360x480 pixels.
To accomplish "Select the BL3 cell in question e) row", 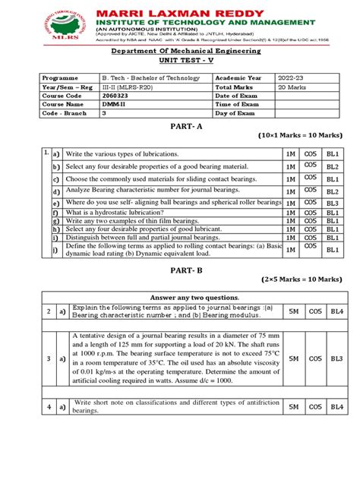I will coord(332,204).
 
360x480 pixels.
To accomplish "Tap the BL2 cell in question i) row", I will coord(332,236).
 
